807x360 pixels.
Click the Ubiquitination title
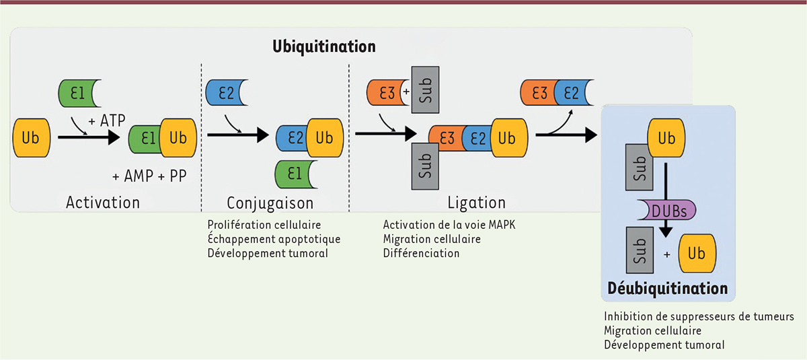pos(324,47)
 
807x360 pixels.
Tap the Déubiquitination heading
pos(668,289)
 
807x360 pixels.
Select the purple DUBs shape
pos(666,210)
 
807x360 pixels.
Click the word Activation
pos(103,203)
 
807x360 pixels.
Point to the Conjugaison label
pos(270,204)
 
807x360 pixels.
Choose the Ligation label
pos(476,203)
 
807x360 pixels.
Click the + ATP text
pos(107,120)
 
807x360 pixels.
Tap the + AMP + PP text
pos(149,176)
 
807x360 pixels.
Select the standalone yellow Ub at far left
pos(32,138)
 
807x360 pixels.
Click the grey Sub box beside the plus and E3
pos(425,89)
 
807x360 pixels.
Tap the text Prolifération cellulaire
pos(264,225)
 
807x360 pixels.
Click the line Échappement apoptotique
pos(274,239)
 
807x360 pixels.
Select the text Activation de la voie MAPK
pos(449,225)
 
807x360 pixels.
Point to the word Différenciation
pos(421,253)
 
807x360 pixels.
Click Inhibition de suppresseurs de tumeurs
pos(699,316)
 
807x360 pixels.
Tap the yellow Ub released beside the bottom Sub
pos(697,253)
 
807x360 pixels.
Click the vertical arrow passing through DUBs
pos(666,200)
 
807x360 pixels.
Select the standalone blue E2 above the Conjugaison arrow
pos(225,93)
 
